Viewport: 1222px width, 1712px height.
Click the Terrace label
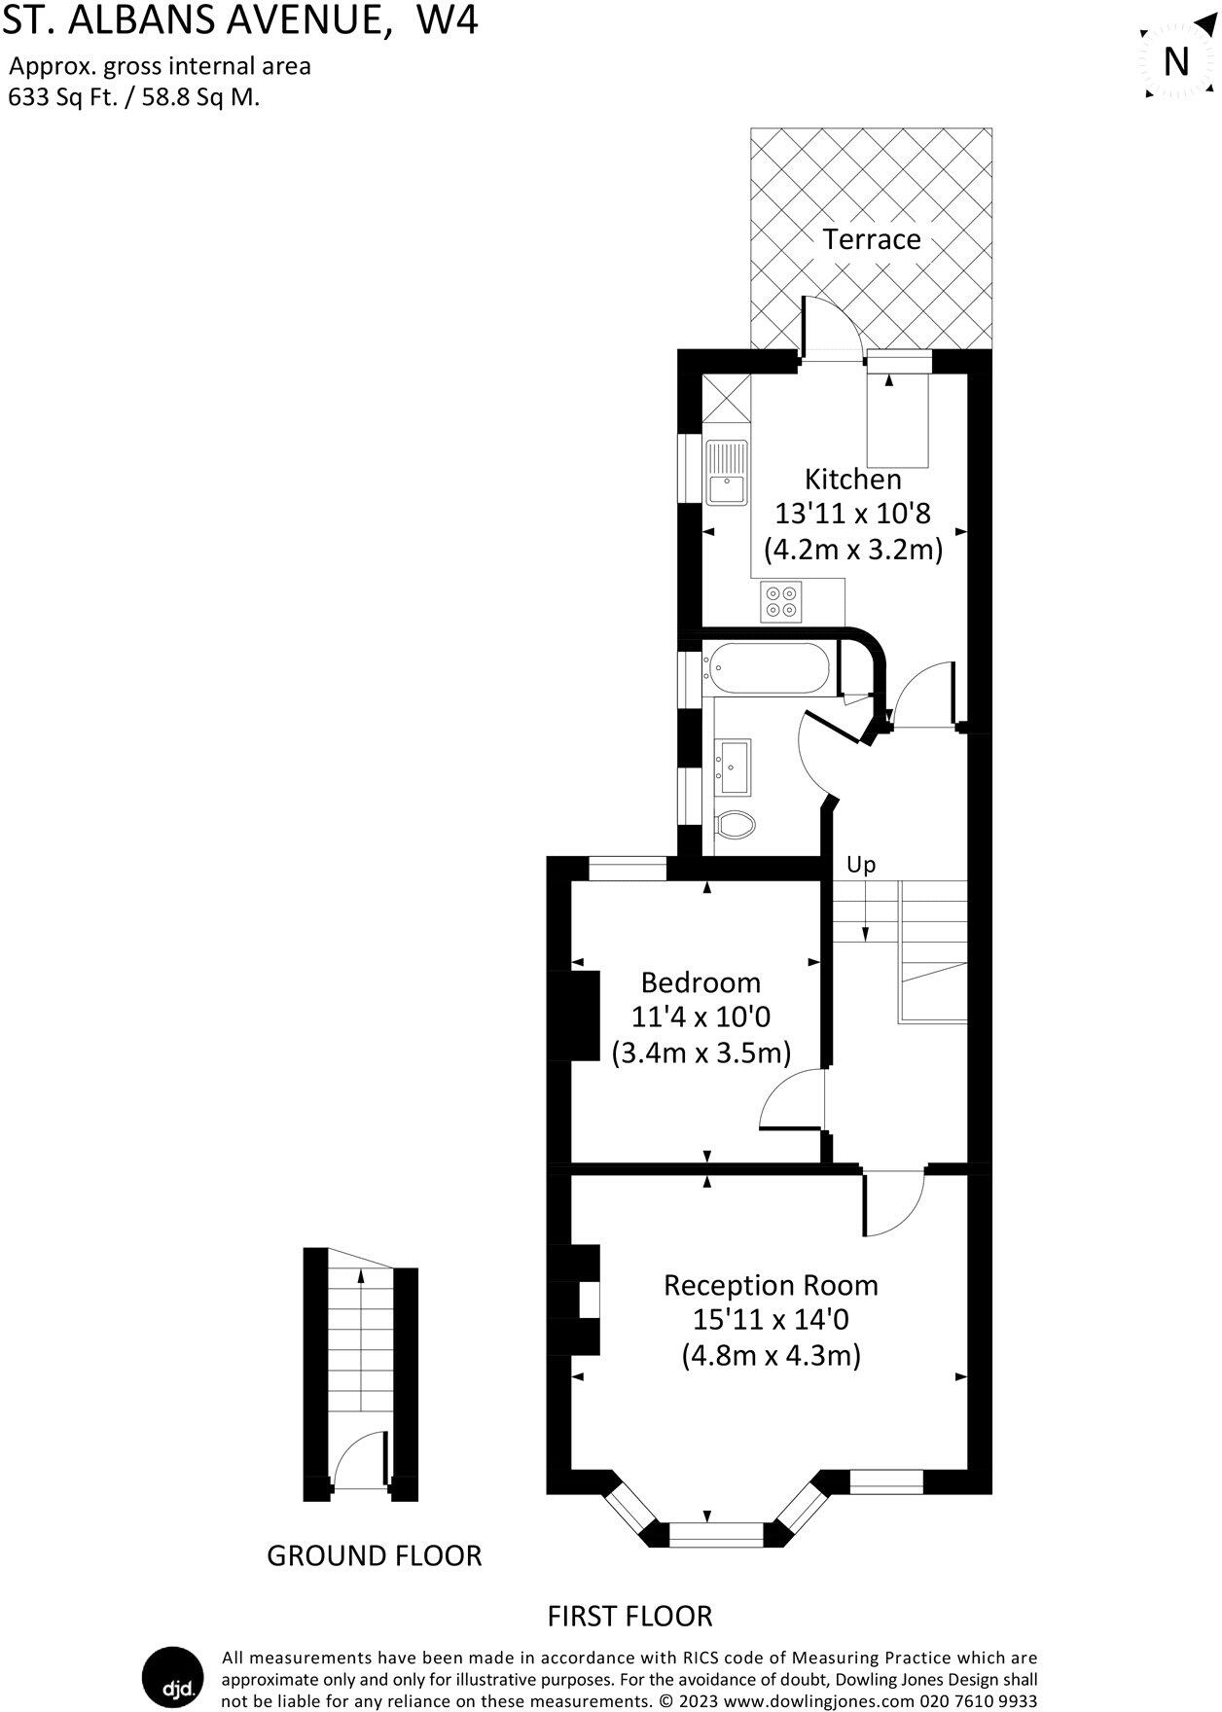tap(871, 239)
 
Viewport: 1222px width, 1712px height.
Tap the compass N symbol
tap(1177, 61)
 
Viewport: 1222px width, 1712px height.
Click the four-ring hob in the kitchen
tap(782, 601)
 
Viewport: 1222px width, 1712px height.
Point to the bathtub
tap(770, 669)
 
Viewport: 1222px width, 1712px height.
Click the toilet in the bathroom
tap(736, 825)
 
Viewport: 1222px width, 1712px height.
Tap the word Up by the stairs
tap(860, 864)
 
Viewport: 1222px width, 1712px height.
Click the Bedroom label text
tap(701, 981)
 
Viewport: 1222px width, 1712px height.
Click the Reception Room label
tap(771, 1285)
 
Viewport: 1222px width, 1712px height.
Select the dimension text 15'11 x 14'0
tap(771, 1320)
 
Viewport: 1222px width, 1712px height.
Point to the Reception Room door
tap(890, 1202)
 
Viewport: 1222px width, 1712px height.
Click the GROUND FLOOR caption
tap(374, 1555)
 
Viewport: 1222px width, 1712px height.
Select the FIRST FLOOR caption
tap(629, 1616)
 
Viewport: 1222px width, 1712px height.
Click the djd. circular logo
tap(171, 1677)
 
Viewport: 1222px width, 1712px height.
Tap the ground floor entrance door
tap(358, 1459)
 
